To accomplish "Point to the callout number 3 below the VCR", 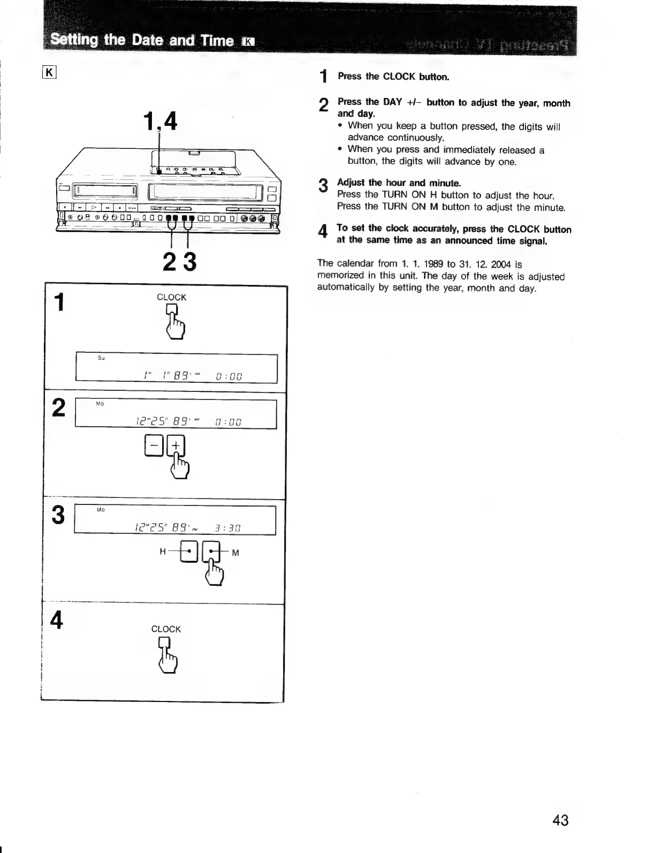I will pyautogui.click(x=189, y=262).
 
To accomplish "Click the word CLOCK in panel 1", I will pyautogui.click(x=171, y=298).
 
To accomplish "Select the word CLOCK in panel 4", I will pyautogui.click(x=166, y=629).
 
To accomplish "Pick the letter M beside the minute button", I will pyautogui.click(x=235, y=553).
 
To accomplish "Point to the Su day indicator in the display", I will pyautogui.click(x=101, y=358).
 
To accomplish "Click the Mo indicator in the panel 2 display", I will pyautogui.click(x=100, y=404).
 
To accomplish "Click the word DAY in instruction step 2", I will pyautogui.click(x=392, y=102).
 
